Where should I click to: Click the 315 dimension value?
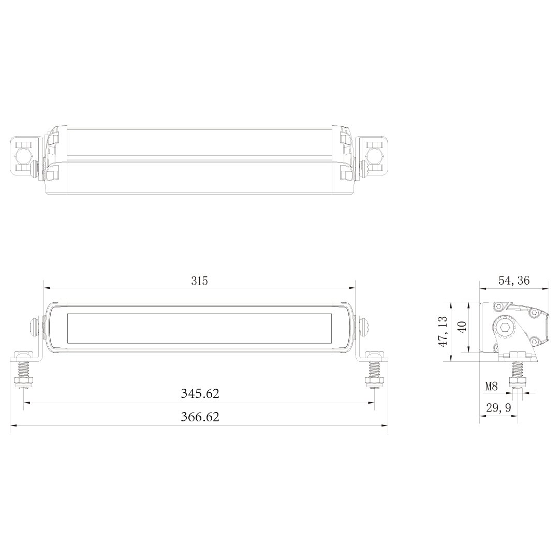tap(199, 281)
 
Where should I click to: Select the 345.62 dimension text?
tap(200, 393)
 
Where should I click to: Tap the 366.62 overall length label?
tap(200, 416)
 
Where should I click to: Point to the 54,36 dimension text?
tap(514, 281)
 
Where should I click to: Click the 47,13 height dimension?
tap(443, 331)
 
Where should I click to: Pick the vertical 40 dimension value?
tap(462, 327)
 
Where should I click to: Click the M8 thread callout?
tap(491, 386)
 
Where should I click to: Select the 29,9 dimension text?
tap(498, 408)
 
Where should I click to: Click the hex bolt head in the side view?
tap(505, 327)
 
